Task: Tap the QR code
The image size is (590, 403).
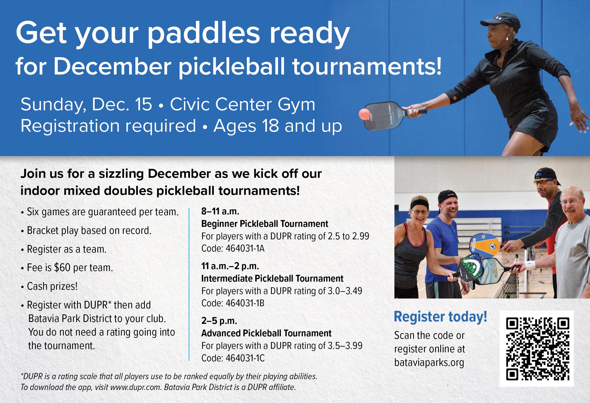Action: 537,348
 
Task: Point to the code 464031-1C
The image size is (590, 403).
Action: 245,358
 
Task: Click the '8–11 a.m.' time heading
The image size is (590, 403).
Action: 220,211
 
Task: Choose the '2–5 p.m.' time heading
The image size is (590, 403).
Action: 219,321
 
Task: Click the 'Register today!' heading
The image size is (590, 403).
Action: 441,317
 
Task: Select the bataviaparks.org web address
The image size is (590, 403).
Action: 429,363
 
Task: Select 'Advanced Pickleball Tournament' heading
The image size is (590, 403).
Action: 266,333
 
